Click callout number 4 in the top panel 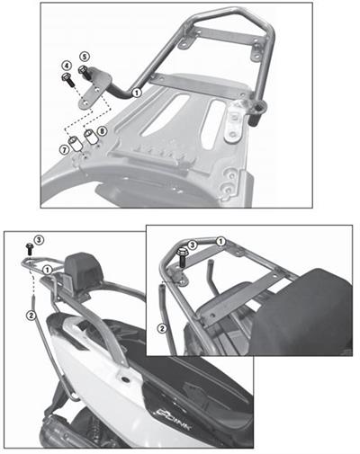point(67,66)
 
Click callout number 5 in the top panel point(84,57)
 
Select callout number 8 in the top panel point(102,132)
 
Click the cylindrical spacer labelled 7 point(75,141)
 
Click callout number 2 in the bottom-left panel point(31,315)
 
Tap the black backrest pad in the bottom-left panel point(87,267)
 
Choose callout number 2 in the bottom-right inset point(162,328)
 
